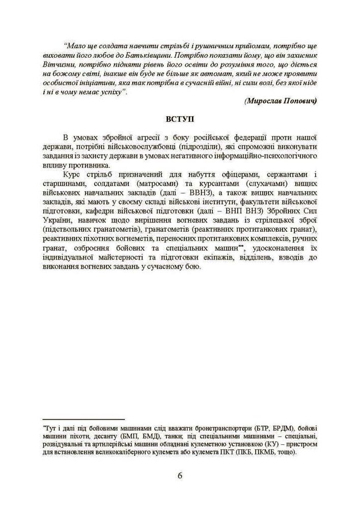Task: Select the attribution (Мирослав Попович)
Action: pos(281,101)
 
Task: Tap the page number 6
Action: pos(180,476)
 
